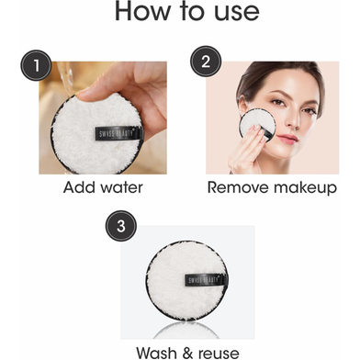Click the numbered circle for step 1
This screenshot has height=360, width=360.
pos(36,65)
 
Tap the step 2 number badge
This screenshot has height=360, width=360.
pos(206,62)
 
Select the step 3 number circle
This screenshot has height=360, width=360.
pos(121,226)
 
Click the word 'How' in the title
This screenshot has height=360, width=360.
pos(142,11)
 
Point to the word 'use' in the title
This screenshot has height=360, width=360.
pos(237,12)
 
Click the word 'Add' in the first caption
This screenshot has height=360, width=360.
pos(79,187)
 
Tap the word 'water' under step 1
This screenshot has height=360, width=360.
pos(121,187)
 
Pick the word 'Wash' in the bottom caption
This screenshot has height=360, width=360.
pos(156,353)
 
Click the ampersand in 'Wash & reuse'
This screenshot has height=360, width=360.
pos(187,353)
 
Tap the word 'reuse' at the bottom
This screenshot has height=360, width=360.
pos(219,354)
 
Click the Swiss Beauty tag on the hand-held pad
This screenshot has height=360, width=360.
pos(119,133)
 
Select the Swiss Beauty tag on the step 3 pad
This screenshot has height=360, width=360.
pos(207,280)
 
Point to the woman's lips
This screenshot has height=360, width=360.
pos(287,139)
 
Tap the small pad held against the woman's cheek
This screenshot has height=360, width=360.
pos(256,124)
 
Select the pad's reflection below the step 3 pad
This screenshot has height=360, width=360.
pos(186,330)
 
